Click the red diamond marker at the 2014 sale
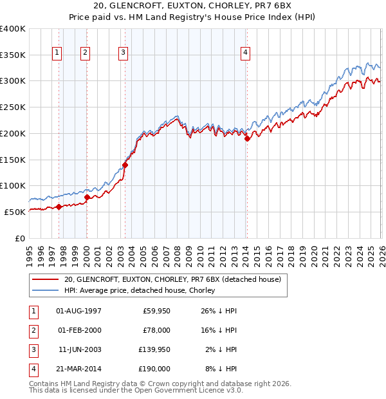pos(248,138)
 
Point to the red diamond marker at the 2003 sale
pos(125,165)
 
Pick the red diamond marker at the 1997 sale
pos(59,207)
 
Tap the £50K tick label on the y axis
pos(15,212)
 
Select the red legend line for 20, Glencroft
pos(44,280)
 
